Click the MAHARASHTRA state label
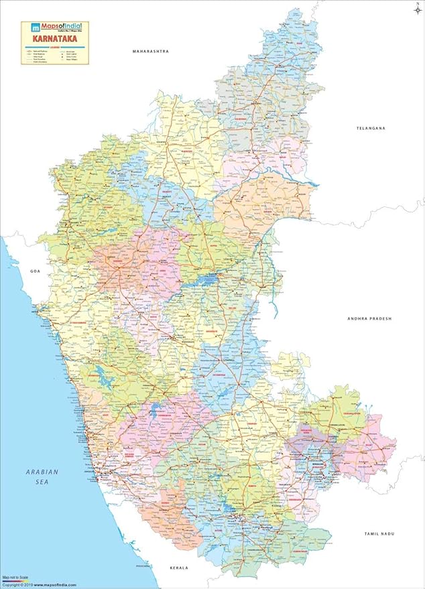[x=150, y=51]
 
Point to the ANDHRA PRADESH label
[x=369, y=319]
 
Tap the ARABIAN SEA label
[x=42, y=476]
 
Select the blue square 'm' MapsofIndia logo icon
[x=28, y=28]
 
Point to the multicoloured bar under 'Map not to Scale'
[x=17, y=580]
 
